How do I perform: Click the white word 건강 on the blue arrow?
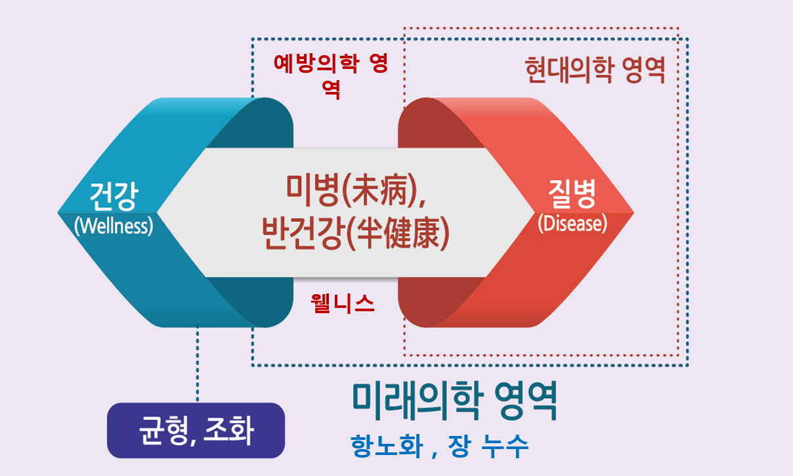[114, 196]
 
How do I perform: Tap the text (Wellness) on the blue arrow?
[114, 226]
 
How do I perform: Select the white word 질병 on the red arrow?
[572, 194]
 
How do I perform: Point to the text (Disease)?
[572, 223]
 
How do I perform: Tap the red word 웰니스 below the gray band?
[342, 303]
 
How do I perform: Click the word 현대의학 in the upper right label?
[569, 70]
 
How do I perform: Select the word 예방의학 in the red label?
[316, 64]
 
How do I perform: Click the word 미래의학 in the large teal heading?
[418, 400]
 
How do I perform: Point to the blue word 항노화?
[387, 446]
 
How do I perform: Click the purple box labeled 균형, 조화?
[196, 430]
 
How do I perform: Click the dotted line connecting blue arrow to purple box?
[197, 363]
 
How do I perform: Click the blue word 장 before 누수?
[460, 446]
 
